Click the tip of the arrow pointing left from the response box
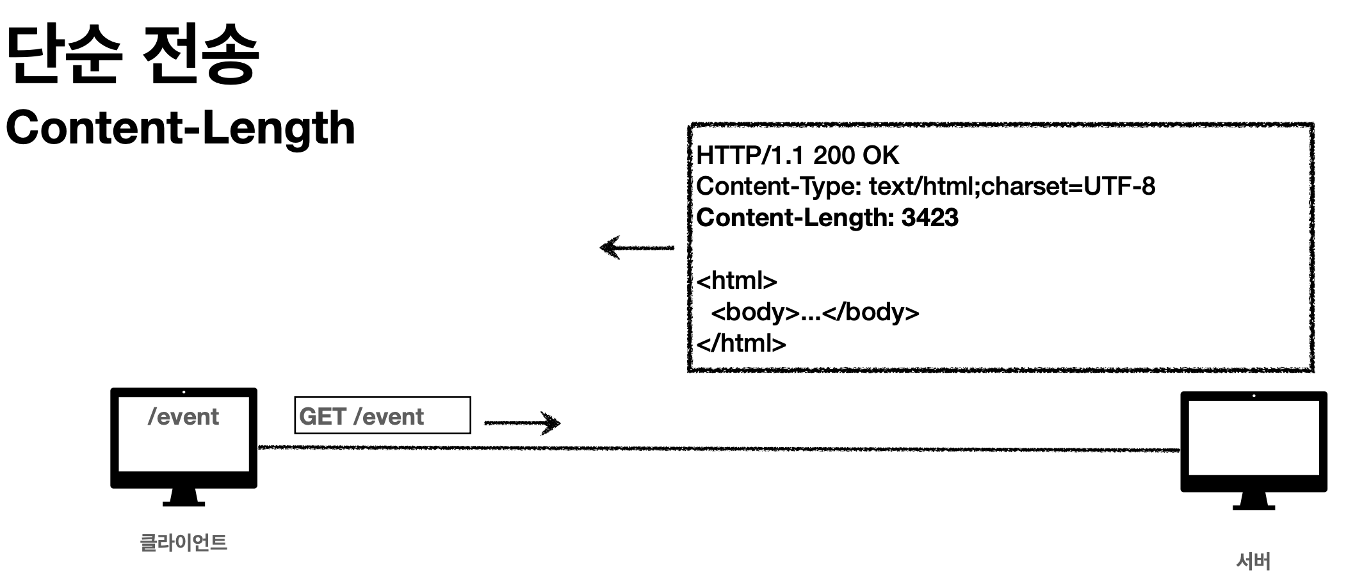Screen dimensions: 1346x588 [601, 247]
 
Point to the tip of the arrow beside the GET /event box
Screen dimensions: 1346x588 [560, 422]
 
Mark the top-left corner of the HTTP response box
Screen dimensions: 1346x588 [689, 125]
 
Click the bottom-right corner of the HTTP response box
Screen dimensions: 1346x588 [1313, 370]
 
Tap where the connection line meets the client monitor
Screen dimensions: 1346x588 [258, 447]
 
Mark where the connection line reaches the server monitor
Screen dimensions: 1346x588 [1181, 450]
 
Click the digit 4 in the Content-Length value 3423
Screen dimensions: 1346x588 [923, 218]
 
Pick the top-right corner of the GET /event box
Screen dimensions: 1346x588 [471, 397]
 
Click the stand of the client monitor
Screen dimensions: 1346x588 [184, 497]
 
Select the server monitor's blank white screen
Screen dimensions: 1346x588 [1254, 437]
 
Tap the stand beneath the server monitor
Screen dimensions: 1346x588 [1254, 500]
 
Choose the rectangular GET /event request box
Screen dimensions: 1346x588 [382, 415]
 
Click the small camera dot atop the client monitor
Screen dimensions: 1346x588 [184, 392]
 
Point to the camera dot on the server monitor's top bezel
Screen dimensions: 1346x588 [1254, 396]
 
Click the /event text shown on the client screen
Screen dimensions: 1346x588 [183, 417]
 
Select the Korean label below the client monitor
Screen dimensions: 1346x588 [183, 543]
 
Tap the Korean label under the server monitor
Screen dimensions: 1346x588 [1253, 561]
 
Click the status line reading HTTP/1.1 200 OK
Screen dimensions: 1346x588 [797, 155]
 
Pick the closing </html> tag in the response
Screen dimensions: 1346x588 [741, 343]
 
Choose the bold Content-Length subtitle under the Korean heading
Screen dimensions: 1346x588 [181, 127]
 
